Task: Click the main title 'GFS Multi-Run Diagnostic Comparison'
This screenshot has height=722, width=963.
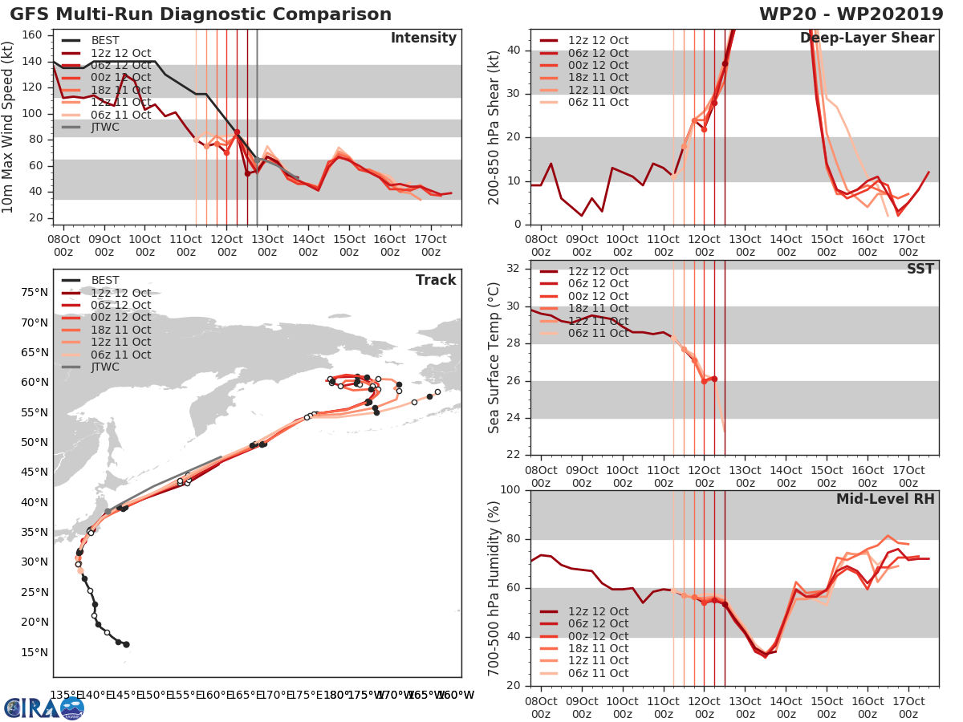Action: pos(201,14)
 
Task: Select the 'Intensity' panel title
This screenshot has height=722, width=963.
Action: pos(423,39)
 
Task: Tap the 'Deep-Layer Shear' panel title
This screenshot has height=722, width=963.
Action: pos(867,39)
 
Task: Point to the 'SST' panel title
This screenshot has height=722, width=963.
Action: pos(920,269)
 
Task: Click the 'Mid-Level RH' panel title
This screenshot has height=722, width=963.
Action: pos(885,499)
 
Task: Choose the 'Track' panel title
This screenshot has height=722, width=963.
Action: pos(436,280)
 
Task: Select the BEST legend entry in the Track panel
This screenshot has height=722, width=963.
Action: pos(105,280)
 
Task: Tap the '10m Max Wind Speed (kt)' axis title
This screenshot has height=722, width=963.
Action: pos(10,128)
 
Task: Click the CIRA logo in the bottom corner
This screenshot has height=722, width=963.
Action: pos(43,708)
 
